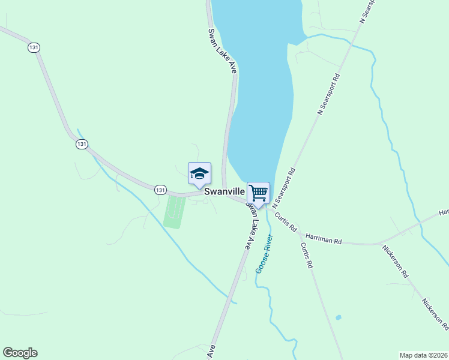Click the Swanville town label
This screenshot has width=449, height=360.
click(224, 192)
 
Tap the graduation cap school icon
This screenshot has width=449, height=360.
click(199, 174)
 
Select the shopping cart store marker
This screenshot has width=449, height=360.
click(258, 193)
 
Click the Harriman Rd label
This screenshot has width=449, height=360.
click(324, 239)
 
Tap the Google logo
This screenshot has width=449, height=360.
click(20, 353)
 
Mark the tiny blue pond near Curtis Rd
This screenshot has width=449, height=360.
click(339, 317)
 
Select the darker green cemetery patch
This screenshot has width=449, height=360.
click(174, 212)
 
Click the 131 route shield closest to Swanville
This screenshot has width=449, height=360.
click(160, 190)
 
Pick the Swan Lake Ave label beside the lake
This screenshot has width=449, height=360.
click(223, 51)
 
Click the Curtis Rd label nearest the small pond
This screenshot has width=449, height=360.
click(307, 256)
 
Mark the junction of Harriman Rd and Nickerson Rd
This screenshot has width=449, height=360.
click(379, 244)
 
